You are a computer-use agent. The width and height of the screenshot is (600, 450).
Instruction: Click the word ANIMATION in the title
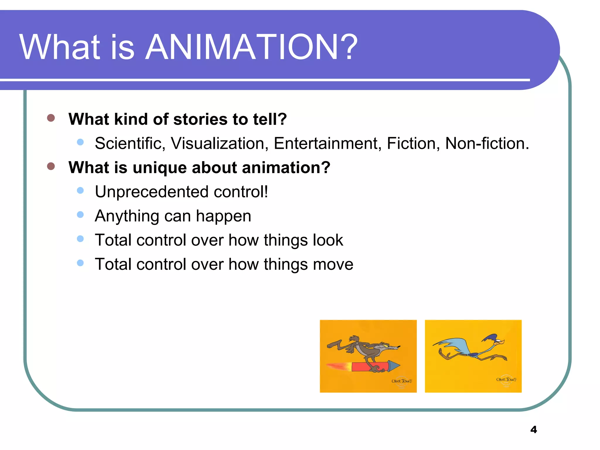coord(242,47)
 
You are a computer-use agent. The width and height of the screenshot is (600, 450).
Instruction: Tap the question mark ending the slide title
coord(350,47)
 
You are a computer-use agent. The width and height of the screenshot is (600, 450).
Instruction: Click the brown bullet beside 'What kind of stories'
coord(51,118)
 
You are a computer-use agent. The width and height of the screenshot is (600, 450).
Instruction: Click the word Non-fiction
coord(486,144)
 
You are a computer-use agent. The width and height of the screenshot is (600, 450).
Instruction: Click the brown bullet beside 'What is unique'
coord(51,166)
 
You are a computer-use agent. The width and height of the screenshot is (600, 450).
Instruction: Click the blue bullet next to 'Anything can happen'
coord(80,215)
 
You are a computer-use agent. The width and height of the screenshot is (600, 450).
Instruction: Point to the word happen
coord(224,217)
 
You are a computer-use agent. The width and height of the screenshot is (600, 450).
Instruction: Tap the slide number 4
coord(533,429)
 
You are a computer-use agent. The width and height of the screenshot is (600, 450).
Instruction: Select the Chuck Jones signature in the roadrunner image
coord(506,380)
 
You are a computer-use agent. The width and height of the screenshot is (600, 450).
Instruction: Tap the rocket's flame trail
coord(338,366)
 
